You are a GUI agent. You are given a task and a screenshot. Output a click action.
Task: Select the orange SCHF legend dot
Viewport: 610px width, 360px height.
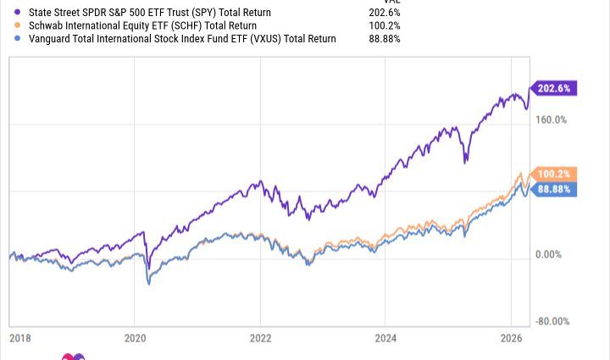tap(8, 26)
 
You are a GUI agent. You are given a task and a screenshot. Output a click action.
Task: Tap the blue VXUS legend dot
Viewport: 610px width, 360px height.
tap(8, 39)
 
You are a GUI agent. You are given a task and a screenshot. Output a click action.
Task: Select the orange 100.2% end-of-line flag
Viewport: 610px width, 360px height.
tap(554, 174)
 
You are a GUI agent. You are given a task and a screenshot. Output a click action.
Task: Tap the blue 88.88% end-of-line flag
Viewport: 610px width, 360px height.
tap(554, 187)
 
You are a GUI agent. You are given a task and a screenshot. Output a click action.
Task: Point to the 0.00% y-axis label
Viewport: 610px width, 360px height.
tap(551, 254)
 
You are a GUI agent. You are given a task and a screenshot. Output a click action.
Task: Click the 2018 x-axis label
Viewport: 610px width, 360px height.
tap(19, 337)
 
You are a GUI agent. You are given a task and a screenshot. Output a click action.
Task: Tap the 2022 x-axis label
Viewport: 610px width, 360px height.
tap(260, 337)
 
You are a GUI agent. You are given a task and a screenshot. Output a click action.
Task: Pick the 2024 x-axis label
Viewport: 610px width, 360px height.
tap(385, 337)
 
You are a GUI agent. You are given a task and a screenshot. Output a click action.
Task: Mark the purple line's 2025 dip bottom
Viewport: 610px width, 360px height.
tap(465, 162)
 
